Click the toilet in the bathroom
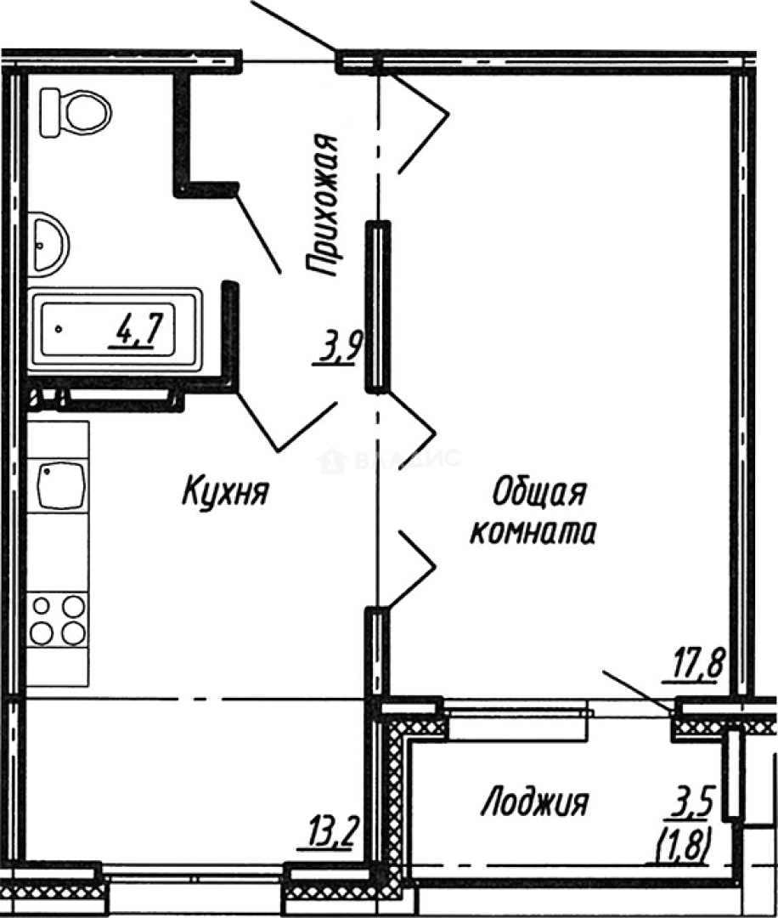click(76, 111)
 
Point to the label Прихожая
click(324, 207)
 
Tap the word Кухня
click(225, 491)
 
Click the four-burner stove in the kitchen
click(58, 620)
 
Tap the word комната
click(533, 532)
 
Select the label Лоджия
click(534, 801)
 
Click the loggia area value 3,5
click(697, 801)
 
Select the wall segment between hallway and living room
click(377, 306)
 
